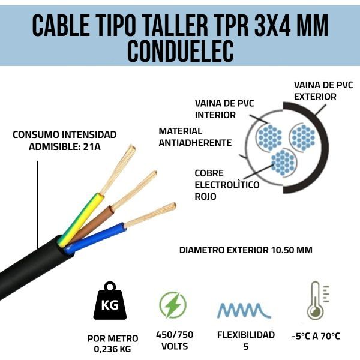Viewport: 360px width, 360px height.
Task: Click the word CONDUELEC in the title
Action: (x=181, y=51)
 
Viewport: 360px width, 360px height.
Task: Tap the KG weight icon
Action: (x=110, y=301)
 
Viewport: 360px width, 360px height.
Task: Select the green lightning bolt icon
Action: (x=173, y=305)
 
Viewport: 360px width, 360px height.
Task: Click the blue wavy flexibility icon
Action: (x=244, y=310)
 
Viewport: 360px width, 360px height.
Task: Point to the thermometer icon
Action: (x=316, y=301)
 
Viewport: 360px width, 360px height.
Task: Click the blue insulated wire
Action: (x=94, y=238)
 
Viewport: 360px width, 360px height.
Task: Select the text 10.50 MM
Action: (x=292, y=250)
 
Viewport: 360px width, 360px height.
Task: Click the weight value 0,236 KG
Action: (x=113, y=349)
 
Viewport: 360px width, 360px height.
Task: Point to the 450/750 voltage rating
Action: (x=175, y=335)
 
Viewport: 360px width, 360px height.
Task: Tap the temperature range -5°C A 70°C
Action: (x=316, y=336)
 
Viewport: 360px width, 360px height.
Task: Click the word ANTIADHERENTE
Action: (x=195, y=143)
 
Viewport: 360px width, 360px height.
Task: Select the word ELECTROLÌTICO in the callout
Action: (x=227, y=185)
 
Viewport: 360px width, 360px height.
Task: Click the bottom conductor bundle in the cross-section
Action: (x=283, y=163)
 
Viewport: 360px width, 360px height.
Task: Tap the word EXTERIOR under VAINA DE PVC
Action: (x=315, y=97)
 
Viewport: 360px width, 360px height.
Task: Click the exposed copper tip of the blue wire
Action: (x=151, y=215)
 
